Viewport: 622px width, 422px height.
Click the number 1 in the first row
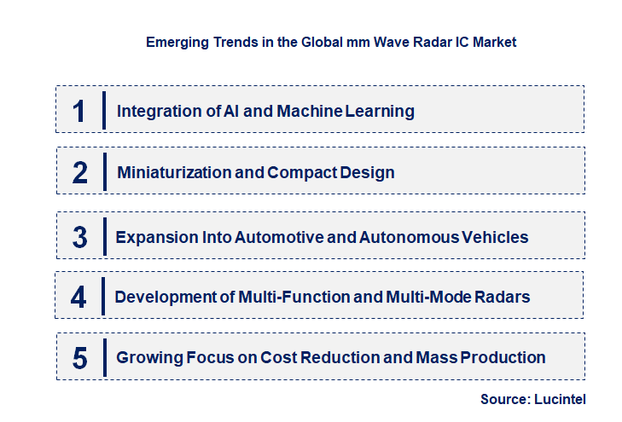[79, 111]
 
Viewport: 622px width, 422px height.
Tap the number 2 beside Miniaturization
[80, 172]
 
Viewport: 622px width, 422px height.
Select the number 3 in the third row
[80, 237]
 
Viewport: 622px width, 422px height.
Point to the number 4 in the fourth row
[78, 297]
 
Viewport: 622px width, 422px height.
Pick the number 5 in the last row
[80, 357]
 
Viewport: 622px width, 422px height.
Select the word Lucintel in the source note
[561, 398]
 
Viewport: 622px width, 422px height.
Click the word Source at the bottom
[505, 398]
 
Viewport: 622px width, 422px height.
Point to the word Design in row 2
[368, 172]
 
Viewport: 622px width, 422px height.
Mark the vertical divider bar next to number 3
[103, 235]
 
